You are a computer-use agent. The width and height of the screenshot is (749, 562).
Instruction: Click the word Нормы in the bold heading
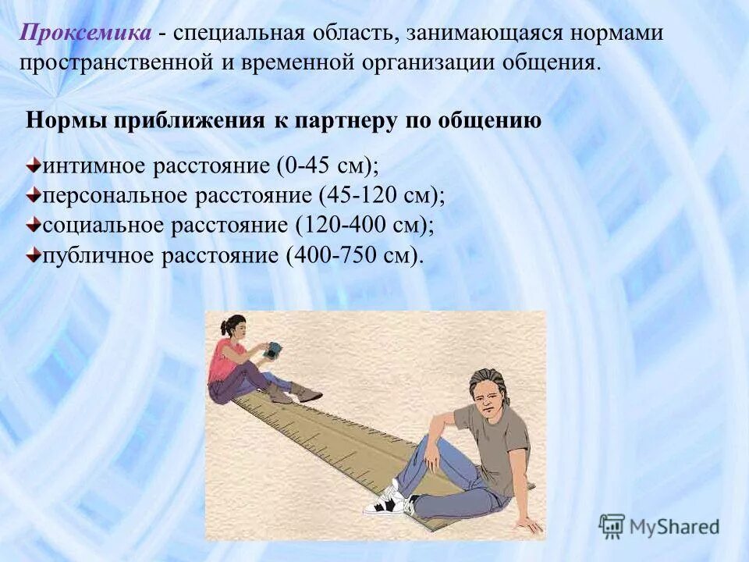(x=66, y=121)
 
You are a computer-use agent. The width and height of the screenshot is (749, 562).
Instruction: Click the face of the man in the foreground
(x=485, y=397)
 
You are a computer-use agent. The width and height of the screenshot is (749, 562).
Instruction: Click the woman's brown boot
(x=305, y=393)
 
